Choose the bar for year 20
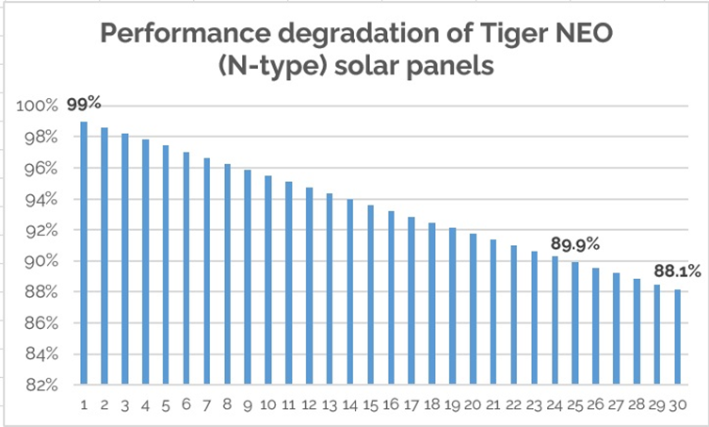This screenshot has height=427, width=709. [x=473, y=308]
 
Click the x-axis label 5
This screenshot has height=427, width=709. [x=166, y=403]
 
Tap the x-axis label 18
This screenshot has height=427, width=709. [x=432, y=403]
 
